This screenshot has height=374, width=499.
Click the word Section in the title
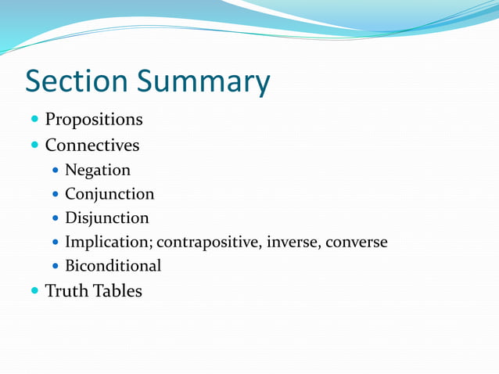[x=76, y=81]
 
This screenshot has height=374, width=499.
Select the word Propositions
[x=94, y=120]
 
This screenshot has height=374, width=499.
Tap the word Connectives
[x=92, y=145]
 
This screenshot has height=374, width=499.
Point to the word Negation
[x=98, y=170]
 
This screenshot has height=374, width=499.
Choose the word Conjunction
[x=109, y=194]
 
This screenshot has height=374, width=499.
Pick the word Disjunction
[x=106, y=218]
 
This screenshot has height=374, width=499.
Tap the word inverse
[x=292, y=242]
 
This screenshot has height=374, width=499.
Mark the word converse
[x=356, y=242]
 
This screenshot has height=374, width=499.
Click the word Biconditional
[x=113, y=266]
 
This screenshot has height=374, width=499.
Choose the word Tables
[x=117, y=291]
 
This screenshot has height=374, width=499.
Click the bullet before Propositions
[x=34, y=120]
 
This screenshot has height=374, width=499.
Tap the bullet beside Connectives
[x=34, y=145]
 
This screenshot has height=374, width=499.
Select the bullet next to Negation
[x=55, y=170]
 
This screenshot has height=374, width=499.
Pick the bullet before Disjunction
[x=55, y=218]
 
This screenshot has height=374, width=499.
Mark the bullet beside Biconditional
[x=55, y=266]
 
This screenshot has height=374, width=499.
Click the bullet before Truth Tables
[x=34, y=291]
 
